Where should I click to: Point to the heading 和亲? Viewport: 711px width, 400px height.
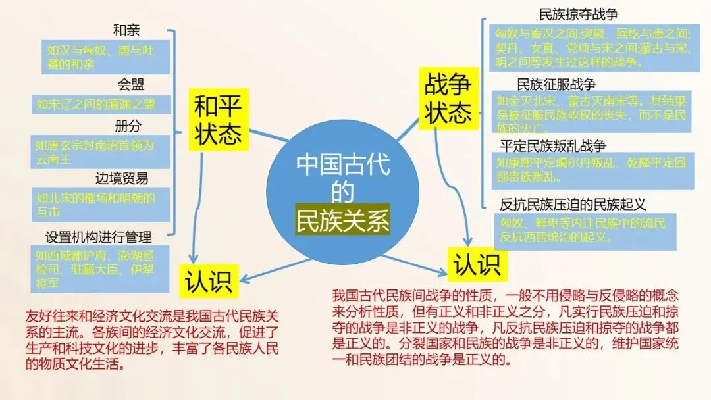tap(126, 30)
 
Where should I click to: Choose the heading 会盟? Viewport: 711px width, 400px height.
tap(131, 84)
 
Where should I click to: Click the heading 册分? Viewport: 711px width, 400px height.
tap(128, 126)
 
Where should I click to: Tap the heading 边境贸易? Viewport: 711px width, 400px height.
tap(122, 178)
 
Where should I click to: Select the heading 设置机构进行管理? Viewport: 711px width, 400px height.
tap(99, 236)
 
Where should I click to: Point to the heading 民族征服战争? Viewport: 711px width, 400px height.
tap(556, 84)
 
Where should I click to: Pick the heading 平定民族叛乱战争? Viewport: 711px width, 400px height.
tap(553, 146)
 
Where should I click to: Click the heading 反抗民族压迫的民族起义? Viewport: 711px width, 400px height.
tap(573, 204)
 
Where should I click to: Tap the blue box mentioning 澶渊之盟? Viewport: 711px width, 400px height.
tap(98, 103)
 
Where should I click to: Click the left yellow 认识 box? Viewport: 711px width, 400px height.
tap(208, 282)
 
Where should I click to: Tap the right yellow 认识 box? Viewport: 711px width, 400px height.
tap(477, 264)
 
